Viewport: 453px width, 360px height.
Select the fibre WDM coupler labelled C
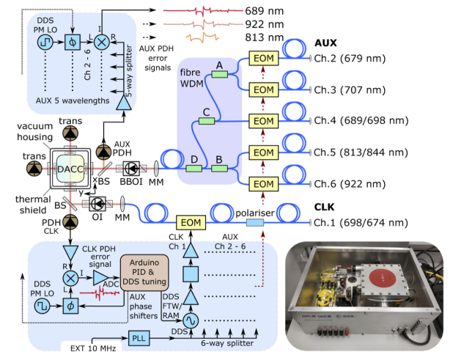tap(207, 121)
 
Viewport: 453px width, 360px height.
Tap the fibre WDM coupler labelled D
tap(194, 168)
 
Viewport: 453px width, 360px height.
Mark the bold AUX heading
tap(325, 43)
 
